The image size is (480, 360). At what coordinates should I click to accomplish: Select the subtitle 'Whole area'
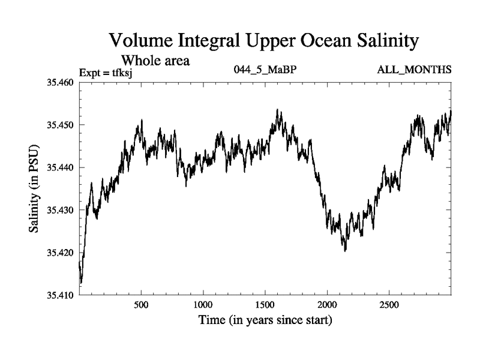156,60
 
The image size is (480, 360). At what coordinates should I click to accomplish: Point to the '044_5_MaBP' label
265,70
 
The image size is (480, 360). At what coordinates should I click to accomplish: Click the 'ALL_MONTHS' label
414,70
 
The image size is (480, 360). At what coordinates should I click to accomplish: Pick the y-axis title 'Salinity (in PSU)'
35,188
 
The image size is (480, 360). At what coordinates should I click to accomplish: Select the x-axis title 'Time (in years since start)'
265,321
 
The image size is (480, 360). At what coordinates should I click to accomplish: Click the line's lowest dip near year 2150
345,251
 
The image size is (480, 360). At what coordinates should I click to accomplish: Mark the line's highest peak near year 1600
277,110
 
